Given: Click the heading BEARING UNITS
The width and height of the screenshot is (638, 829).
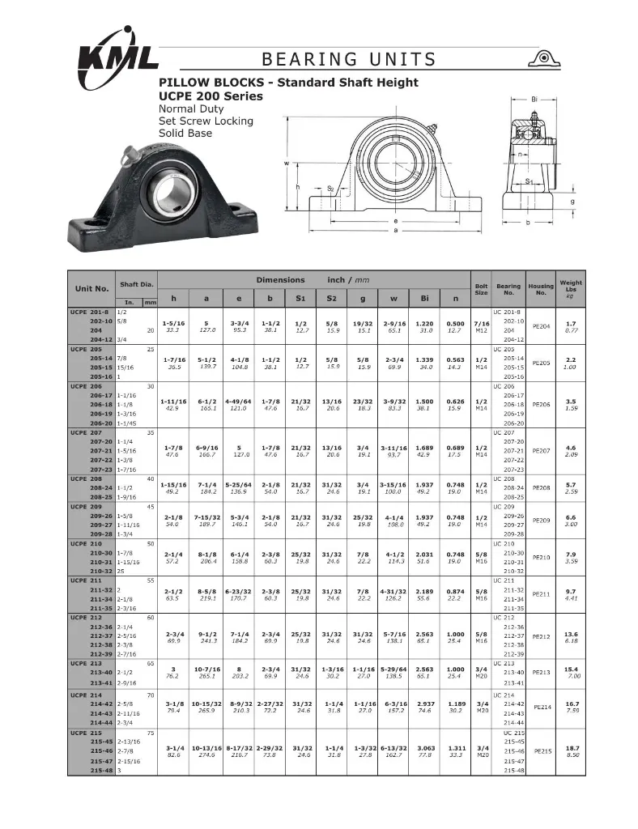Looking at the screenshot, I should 349,59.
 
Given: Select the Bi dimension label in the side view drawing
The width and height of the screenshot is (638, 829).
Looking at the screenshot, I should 534,100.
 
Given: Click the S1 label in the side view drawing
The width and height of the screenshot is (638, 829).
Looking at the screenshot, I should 528,181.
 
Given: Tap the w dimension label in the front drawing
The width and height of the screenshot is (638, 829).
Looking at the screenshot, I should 286,163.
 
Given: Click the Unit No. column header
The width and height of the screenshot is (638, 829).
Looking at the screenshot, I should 91,288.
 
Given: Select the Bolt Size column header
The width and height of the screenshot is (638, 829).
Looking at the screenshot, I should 480,288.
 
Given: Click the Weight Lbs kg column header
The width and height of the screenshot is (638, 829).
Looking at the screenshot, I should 570,288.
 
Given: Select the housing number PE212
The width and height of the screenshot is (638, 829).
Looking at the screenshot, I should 540,636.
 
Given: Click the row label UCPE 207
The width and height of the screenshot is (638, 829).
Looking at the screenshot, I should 87,432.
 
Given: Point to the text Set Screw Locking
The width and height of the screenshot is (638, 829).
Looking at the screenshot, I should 206,121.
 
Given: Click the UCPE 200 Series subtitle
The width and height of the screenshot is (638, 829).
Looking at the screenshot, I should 211,96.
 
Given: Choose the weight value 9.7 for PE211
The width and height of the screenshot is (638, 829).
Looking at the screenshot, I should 570,591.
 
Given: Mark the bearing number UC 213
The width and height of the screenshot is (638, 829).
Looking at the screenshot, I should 504,663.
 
